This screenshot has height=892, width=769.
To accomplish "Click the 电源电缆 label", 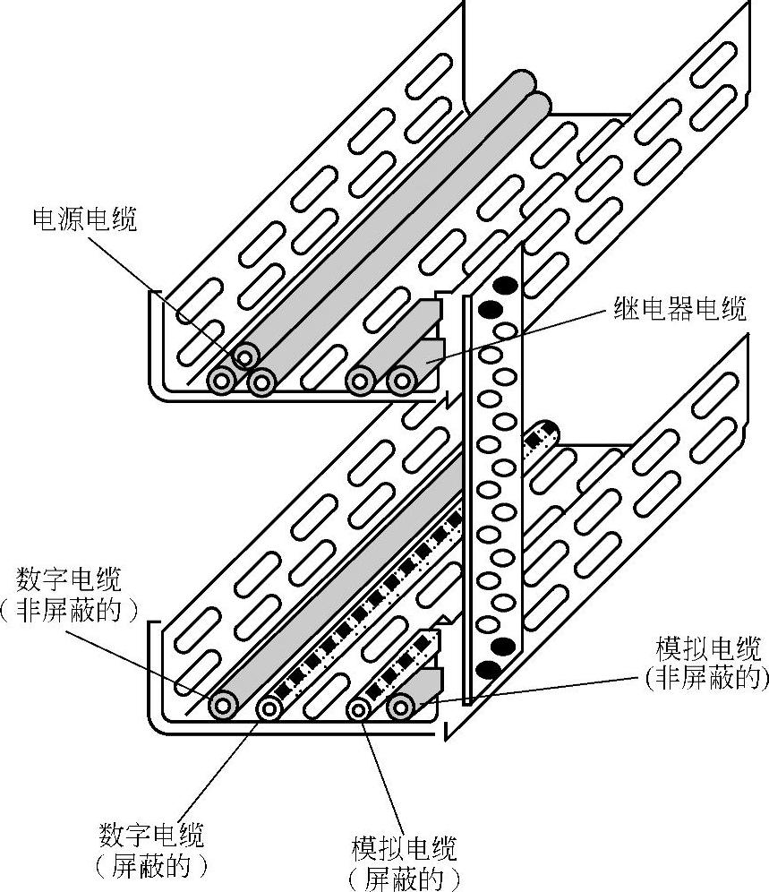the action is [85, 219].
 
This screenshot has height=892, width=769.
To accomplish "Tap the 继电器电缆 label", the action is [679, 310].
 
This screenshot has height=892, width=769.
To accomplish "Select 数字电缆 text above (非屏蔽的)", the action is [69, 579].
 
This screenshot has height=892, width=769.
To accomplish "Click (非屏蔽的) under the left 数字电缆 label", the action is [69, 611].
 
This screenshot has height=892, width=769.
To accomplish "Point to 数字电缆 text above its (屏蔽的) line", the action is [151, 835].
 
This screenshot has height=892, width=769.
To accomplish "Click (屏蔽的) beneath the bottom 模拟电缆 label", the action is [405, 879].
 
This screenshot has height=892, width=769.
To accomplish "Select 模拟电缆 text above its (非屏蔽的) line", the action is [708, 648].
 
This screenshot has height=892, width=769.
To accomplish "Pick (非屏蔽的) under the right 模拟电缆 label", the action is [707, 678].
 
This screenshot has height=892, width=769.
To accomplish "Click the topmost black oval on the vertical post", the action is [505, 284].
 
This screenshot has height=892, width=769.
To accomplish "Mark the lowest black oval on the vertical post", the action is [489, 670].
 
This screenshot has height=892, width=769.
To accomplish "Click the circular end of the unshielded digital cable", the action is [223, 706].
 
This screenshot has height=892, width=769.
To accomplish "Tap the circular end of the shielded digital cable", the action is [269, 708].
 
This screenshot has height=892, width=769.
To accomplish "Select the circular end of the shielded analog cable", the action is [358, 708].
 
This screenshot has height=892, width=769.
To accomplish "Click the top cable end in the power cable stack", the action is [245, 358].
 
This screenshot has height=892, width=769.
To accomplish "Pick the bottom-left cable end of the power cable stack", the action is [221, 380].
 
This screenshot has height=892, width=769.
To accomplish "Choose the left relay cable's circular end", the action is [360, 382].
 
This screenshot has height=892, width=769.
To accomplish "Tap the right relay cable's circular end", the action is [402, 381].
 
